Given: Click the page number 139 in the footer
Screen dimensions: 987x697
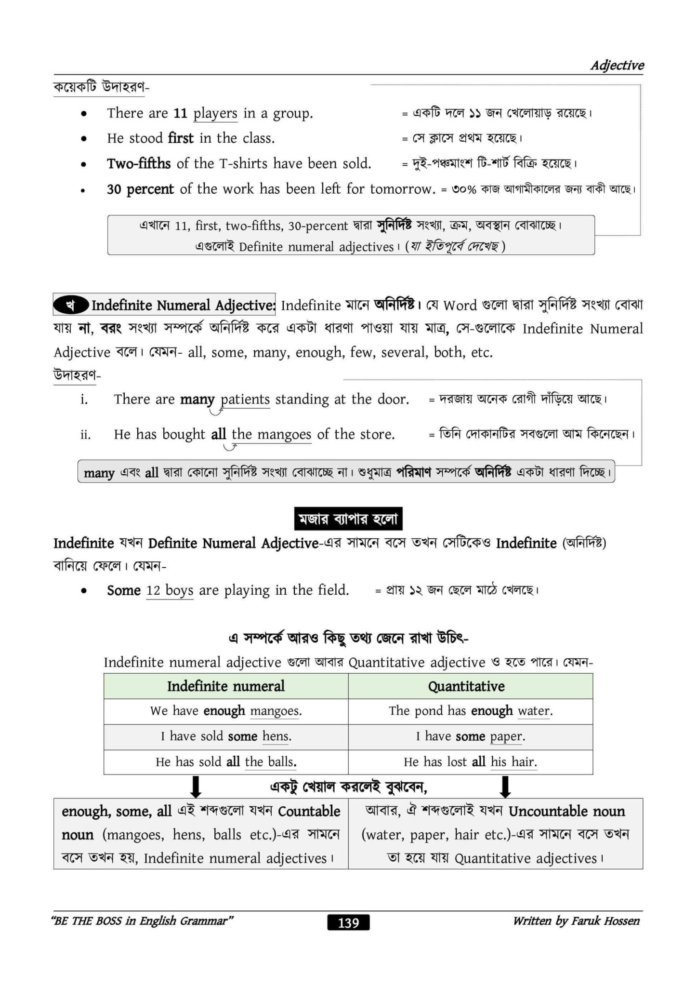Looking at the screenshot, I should pyautogui.click(x=348, y=922).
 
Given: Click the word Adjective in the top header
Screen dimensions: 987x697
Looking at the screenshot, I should pyautogui.click(x=617, y=66).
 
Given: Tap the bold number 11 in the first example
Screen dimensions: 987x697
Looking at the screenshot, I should pyautogui.click(x=180, y=113).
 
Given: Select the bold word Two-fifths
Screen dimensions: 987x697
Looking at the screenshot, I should pyautogui.click(x=139, y=164).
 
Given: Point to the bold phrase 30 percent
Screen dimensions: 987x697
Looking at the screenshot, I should pyautogui.click(x=140, y=189).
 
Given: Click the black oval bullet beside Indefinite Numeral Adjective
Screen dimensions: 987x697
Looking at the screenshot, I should pyautogui.click(x=71, y=305).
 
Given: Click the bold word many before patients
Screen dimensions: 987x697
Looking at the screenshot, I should pyautogui.click(x=197, y=400).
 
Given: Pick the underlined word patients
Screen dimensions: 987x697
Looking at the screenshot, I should pyautogui.click(x=245, y=400).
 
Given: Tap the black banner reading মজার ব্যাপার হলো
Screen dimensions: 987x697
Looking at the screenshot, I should pyautogui.click(x=348, y=519).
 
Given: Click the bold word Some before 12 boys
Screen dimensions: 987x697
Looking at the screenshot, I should pyautogui.click(x=124, y=590).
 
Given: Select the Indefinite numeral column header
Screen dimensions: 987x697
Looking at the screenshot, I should pyautogui.click(x=225, y=686).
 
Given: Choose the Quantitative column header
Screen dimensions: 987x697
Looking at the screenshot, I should pyautogui.click(x=466, y=686).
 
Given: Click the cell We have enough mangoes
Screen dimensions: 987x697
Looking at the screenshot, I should pyautogui.click(x=225, y=711).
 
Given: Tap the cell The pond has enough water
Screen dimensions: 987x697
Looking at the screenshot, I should pyautogui.click(x=470, y=711).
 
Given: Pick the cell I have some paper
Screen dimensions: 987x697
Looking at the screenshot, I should pyautogui.click(x=470, y=736).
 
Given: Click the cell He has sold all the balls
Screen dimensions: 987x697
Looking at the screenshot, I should pyautogui.click(x=225, y=762).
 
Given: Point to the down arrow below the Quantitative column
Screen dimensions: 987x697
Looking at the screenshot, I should pyautogui.click(x=505, y=787).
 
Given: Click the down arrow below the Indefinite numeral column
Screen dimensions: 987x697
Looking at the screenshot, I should pyautogui.click(x=196, y=787).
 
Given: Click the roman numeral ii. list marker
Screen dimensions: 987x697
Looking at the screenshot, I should pyautogui.click(x=85, y=435).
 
